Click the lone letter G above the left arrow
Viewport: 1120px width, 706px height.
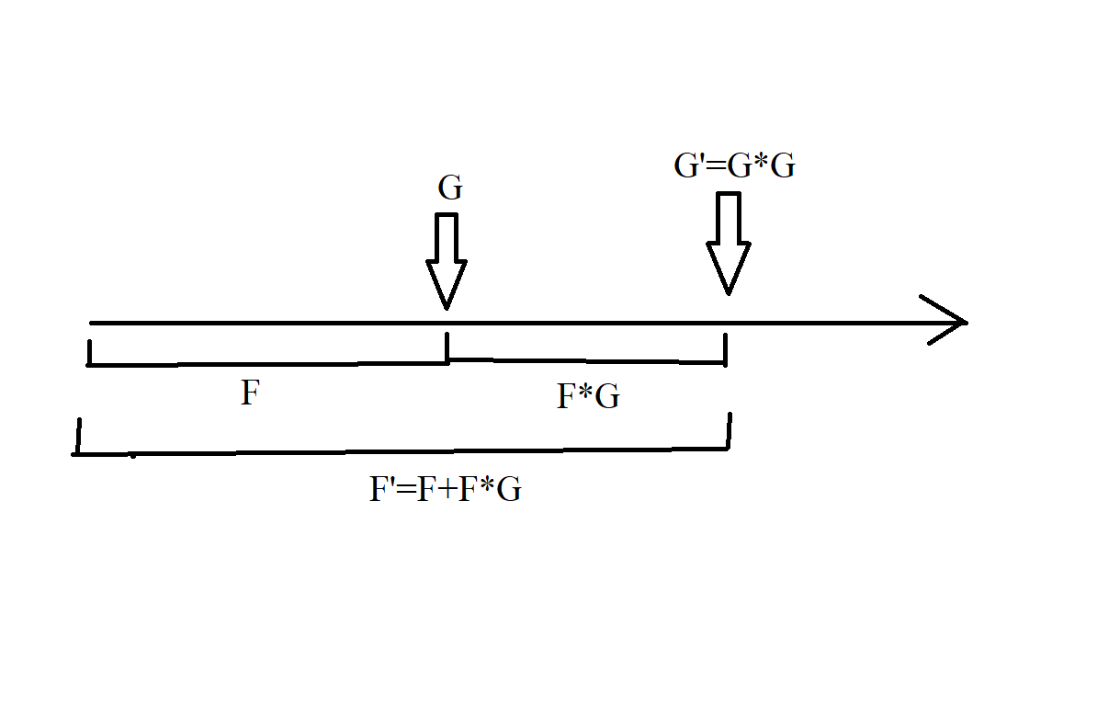tap(450, 188)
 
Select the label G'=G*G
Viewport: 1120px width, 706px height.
tap(734, 166)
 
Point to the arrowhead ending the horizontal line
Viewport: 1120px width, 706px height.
tap(951, 322)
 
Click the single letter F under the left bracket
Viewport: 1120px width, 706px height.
tap(250, 394)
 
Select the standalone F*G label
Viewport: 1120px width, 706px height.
tap(588, 396)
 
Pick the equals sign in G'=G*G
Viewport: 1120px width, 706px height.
tap(716, 167)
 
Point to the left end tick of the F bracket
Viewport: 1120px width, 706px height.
tap(89, 352)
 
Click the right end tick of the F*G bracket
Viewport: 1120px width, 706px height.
tap(726, 349)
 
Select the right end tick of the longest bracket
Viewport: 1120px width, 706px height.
tap(730, 430)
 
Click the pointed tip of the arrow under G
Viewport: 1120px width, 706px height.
tap(447, 306)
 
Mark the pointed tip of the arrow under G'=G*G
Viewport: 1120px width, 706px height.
tap(729, 292)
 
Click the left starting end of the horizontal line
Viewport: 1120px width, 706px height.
tap(92, 323)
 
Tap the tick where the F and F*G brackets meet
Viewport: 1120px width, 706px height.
tap(447, 347)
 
